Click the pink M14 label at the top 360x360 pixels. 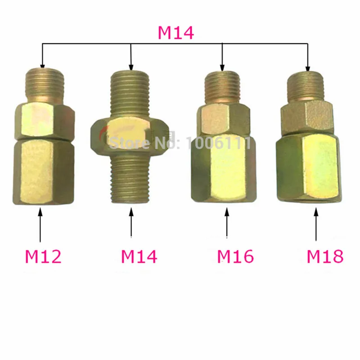coord(175,33)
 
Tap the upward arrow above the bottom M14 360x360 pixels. coord(131,222)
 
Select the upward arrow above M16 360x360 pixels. coord(227,223)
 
